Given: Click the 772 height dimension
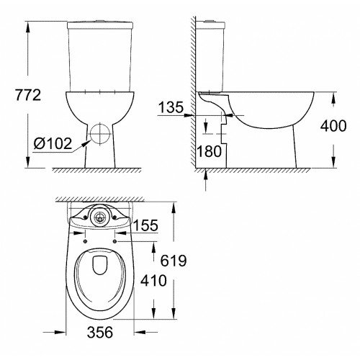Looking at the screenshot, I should click(x=19, y=95).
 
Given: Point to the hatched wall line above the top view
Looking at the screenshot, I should click(x=101, y=199).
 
